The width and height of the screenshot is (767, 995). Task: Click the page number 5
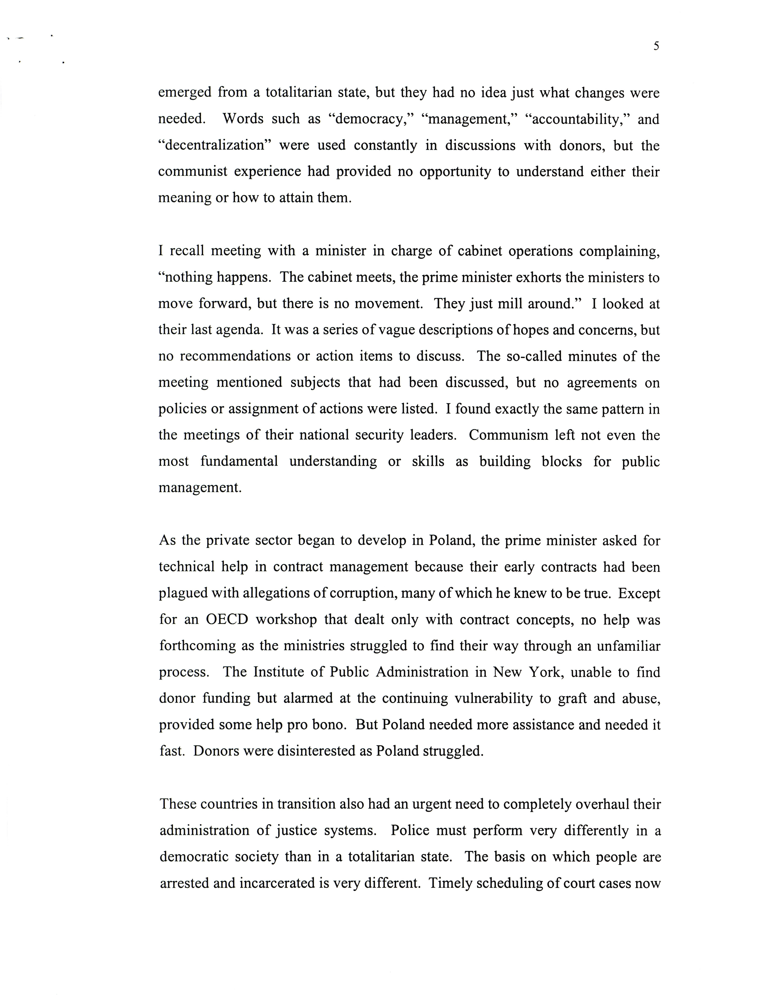coord(656,46)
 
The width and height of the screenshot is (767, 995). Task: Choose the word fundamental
coord(239,461)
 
